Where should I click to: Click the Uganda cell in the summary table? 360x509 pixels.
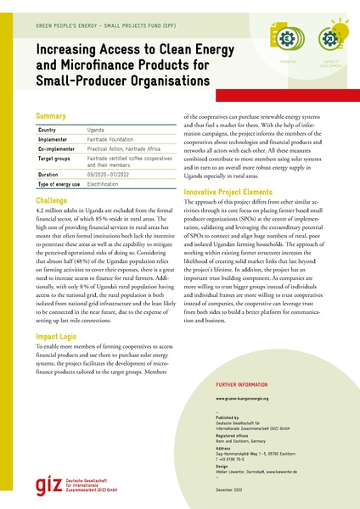(97, 129)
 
